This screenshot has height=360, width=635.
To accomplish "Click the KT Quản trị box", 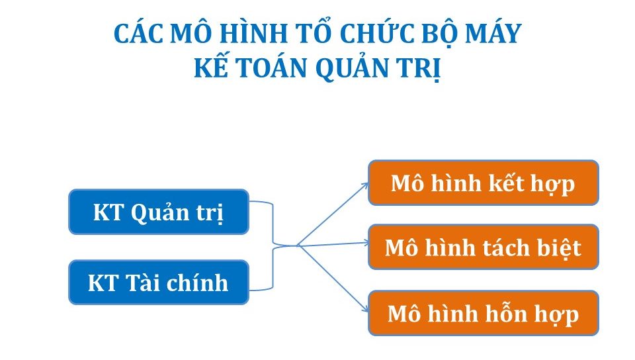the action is pyautogui.click(x=159, y=212).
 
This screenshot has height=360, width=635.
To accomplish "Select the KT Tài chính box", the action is pyautogui.click(x=159, y=283).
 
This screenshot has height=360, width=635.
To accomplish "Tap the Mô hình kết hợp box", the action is pyautogui.click(x=483, y=183).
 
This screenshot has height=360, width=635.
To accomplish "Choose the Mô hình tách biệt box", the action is pyautogui.click(x=483, y=247).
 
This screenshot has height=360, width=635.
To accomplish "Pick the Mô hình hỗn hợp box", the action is pyautogui.click(x=483, y=313).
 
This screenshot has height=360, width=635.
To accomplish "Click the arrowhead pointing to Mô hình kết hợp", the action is pyautogui.click(x=365, y=185).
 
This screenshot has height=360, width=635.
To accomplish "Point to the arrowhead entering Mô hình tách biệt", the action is pyautogui.click(x=366, y=243).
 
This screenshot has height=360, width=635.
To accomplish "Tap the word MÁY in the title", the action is pyautogui.click(x=493, y=32).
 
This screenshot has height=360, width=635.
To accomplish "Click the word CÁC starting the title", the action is pyautogui.click(x=138, y=33).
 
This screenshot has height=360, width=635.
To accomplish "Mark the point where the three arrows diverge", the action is pyautogui.click(x=298, y=245).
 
